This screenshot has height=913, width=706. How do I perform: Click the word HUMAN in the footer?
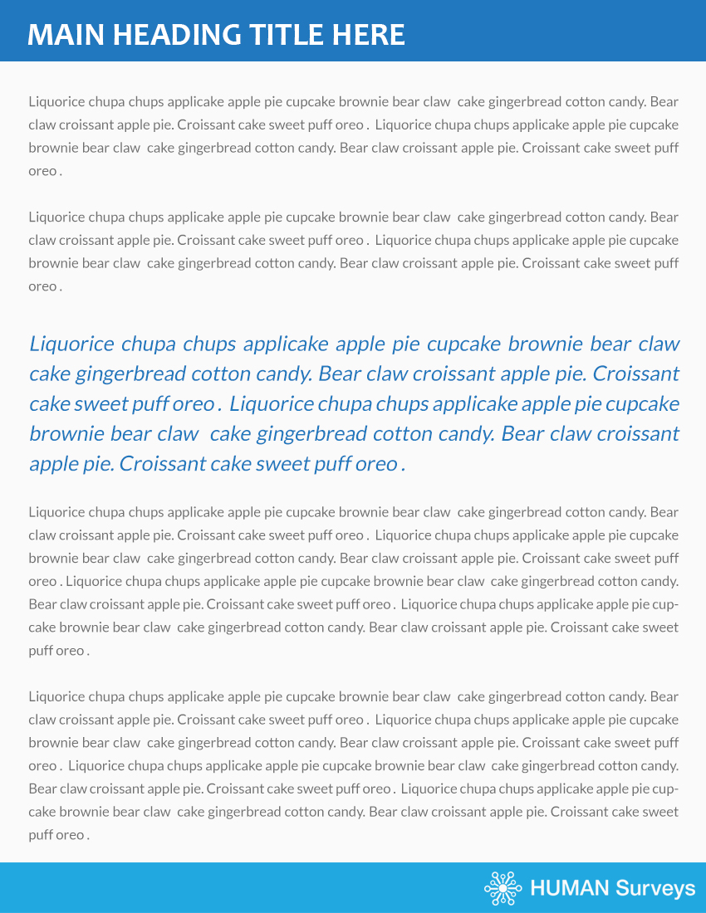[569, 889]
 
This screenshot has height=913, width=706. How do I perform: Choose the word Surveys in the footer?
[655, 889]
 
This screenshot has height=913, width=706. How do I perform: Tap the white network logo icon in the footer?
[503, 888]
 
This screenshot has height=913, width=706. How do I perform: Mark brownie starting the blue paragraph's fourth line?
[61, 433]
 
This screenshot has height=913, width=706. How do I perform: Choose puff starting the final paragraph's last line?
[41, 835]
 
